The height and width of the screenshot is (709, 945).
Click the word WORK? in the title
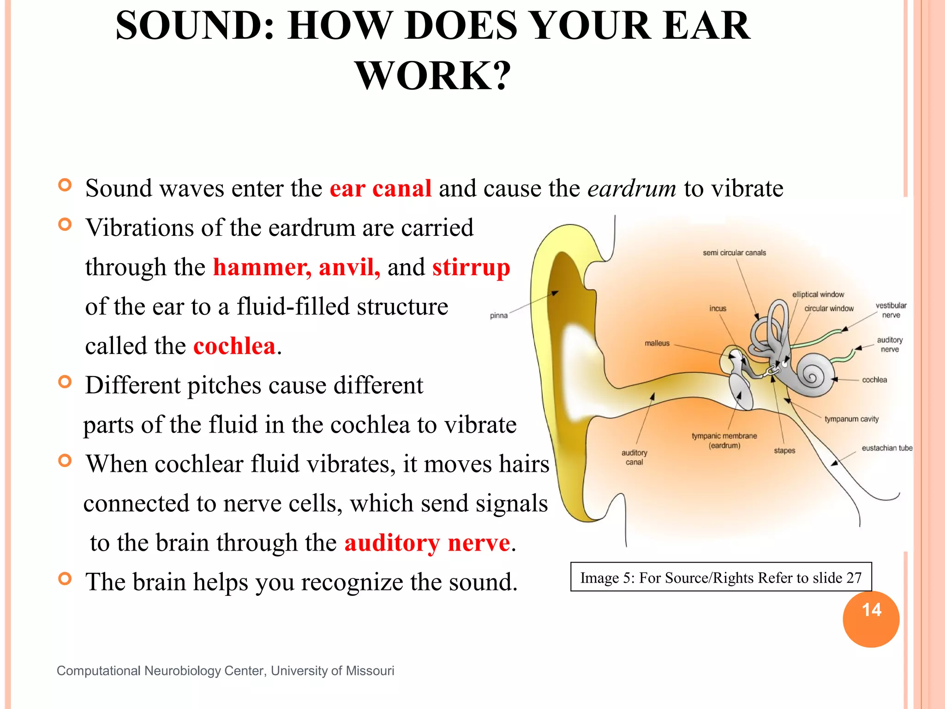(x=433, y=76)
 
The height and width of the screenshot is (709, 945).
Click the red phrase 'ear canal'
(x=380, y=189)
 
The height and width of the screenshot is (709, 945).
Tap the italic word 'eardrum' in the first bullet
(x=632, y=189)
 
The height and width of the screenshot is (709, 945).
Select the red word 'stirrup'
(x=471, y=267)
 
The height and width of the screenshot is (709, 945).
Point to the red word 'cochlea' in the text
(x=234, y=346)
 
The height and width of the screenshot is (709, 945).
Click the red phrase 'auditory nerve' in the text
(x=427, y=543)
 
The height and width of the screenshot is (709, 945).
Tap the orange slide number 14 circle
(x=871, y=619)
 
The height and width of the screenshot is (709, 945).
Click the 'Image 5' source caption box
(x=721, y=577)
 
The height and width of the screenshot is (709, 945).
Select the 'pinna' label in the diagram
(x=498, y=316)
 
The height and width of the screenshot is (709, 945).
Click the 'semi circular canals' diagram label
(x=734, y=253)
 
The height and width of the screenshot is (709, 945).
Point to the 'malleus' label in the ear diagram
(x=657, y=343)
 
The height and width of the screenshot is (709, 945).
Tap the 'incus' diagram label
(x=718, y=308)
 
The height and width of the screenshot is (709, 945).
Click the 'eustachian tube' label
(x=886, y=448)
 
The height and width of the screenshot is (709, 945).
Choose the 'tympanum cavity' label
(x=851, y=419)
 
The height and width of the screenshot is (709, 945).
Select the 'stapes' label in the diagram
(x=784, y=451)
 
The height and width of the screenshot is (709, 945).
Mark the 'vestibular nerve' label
(x=891, y=310)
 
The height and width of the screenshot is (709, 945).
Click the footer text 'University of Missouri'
(x=332, y=671)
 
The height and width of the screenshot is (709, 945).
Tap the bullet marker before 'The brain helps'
(x=65, y=578)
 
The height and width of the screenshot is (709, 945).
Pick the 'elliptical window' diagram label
(x=818, y=294)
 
